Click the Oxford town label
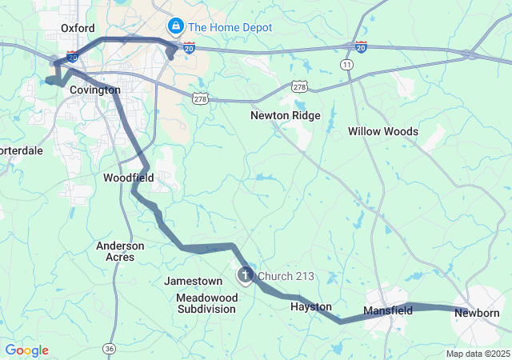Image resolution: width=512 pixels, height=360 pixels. click(x=78, y=28)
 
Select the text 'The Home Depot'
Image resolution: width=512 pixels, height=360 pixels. click(x=230, y=27)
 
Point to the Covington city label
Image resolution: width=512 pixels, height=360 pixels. click(x=95, y=90)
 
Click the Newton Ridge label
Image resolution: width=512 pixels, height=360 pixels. click(x=285, y=115)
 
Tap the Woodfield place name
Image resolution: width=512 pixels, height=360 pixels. click(x=128, y=177)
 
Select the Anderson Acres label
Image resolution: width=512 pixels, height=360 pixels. click(x=120, y=251)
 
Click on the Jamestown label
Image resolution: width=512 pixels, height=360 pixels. click(x=194, y=282)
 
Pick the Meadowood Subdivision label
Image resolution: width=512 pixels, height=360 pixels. click(x=206, y=302)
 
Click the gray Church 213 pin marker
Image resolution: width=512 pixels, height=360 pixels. click(x=245, y=276)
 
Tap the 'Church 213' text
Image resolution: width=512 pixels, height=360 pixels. click(x=286, y=277)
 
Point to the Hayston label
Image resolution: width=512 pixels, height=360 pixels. click(x=310, y=306)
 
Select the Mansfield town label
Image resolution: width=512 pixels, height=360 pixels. click(x=388, y=310)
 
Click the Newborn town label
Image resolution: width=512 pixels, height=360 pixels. click(x=477, y=313)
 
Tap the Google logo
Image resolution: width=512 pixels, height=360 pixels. click(x=26, y=350)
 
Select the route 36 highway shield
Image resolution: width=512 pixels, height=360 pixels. click(x=109, y=348)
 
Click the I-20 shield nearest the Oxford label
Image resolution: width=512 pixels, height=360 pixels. click(x=73, y=58)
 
